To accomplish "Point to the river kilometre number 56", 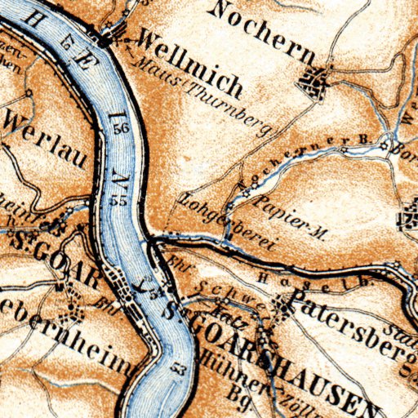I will coord(122,129).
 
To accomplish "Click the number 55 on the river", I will coord(119,200).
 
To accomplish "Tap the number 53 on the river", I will coord(177,370).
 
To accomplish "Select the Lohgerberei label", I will coord(228,220).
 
